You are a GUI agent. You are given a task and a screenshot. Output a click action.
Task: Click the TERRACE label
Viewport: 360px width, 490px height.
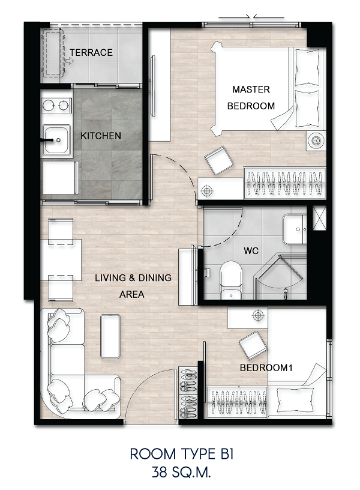pyautogui.click(x=91, y=52)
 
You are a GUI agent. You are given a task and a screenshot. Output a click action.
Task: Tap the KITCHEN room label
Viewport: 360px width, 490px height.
pyautogui.click(x=101, y=136)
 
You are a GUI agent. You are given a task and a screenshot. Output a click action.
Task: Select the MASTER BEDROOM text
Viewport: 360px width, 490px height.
pyautogui.click(x=251, y=97)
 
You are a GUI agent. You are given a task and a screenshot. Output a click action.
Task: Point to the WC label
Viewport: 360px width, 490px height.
pyautogui.click(x=251, y=250)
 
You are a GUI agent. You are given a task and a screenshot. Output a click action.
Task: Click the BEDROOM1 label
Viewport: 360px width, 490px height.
pyautogui.click(x=266, y=367)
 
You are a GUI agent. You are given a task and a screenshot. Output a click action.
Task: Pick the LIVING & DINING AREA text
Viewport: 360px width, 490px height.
pyautogui.click(x=133, y=286)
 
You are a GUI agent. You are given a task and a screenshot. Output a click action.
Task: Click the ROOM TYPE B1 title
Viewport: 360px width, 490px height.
pyautogui.click(x=181, y=454)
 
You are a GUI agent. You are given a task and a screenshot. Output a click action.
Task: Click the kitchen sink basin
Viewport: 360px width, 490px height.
pyautogui.click(x=56, y=140)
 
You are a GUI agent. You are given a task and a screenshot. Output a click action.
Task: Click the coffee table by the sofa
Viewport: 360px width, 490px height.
pyautogui.click(x=110, y=336)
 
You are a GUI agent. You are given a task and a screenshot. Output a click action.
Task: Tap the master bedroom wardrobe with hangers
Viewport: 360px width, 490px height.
pyautogui.click(x=285, y=183)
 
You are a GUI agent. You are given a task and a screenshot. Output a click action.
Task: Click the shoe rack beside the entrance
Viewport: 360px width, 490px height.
pyautogui.click(x=188, y=393)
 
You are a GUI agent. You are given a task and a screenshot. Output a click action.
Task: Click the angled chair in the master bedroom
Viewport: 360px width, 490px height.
pyautogui.click(x=219, y=162)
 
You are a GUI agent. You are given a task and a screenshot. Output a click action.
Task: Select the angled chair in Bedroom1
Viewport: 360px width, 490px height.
pyautogui.click(x=253, y=346)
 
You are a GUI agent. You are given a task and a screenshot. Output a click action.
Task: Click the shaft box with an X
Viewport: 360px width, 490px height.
pyautogui.click(x=319, y=218)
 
